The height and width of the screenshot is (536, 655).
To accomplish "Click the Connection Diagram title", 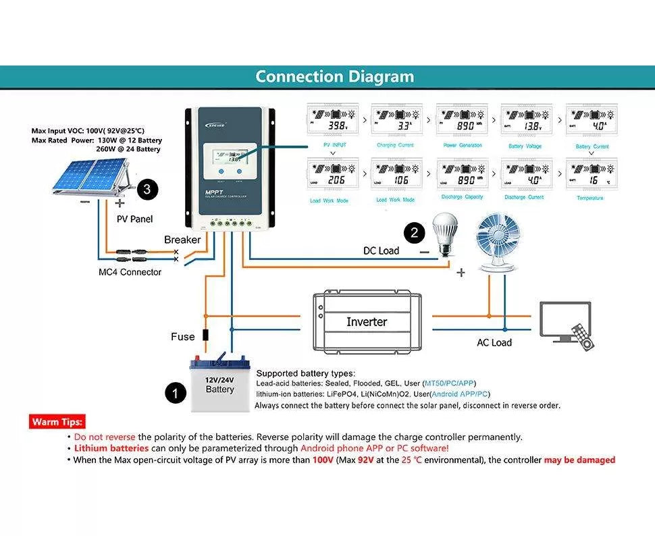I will (x=334, y=76).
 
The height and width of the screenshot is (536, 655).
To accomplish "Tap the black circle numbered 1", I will (x=176, y=393).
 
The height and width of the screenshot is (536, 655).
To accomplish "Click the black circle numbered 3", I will (x=147, y=190).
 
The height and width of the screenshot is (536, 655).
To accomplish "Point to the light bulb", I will (x=444, y=233).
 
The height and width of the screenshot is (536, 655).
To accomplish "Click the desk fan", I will (x=502, y=242).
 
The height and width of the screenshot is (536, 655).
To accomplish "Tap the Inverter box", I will (x=367, y=322).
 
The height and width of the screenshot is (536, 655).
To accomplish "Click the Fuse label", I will (x=182, y=336).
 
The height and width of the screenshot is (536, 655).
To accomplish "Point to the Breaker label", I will (x=182, y=240).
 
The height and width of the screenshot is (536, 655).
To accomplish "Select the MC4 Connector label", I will (x=130, y=272).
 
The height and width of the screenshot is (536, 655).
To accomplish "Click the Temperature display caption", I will (x=590, y=198).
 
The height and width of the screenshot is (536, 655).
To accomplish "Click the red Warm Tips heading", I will (x=58, y=422).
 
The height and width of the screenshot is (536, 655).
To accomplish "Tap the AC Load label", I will (x=494, y=343).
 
